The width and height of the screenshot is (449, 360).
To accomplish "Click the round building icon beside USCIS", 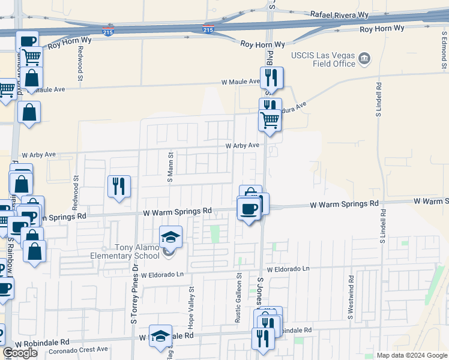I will tap(364, 59).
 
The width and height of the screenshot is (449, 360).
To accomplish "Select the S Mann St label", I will tap(171, 167).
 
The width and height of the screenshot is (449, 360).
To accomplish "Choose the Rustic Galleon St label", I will tap(238, 299).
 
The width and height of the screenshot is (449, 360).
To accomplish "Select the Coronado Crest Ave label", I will tap(78, 349).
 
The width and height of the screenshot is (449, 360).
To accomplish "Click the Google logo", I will tap(20, 353).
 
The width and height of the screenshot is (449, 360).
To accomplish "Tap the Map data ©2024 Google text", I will tap(412, 355).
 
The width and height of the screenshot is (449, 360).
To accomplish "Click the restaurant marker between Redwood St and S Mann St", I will tap(119, 186).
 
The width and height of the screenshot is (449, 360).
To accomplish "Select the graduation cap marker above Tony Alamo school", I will tap(170, 238).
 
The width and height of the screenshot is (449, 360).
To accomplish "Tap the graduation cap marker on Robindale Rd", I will tap(160, 336).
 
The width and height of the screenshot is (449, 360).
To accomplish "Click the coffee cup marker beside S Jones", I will tap(249, 208).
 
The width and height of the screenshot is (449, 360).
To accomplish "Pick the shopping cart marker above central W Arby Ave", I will tap(270, 120).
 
